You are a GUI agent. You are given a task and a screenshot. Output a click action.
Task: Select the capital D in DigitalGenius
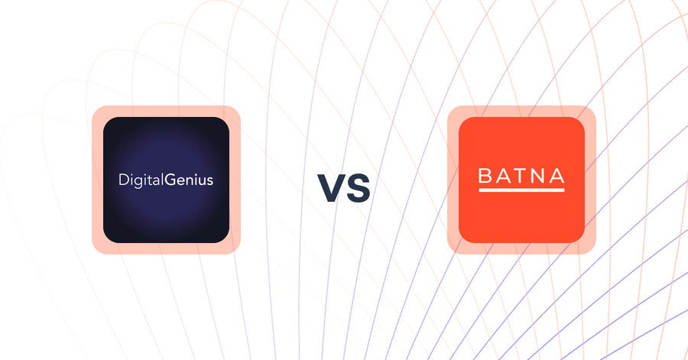click(x=123, y=181)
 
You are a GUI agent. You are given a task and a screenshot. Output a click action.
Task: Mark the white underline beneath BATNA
click(x=521, y=190)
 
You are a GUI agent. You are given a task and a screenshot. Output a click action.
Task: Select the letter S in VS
click(x=358, y=189)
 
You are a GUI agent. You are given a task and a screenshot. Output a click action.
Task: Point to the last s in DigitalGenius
click(x=210, y=182)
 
